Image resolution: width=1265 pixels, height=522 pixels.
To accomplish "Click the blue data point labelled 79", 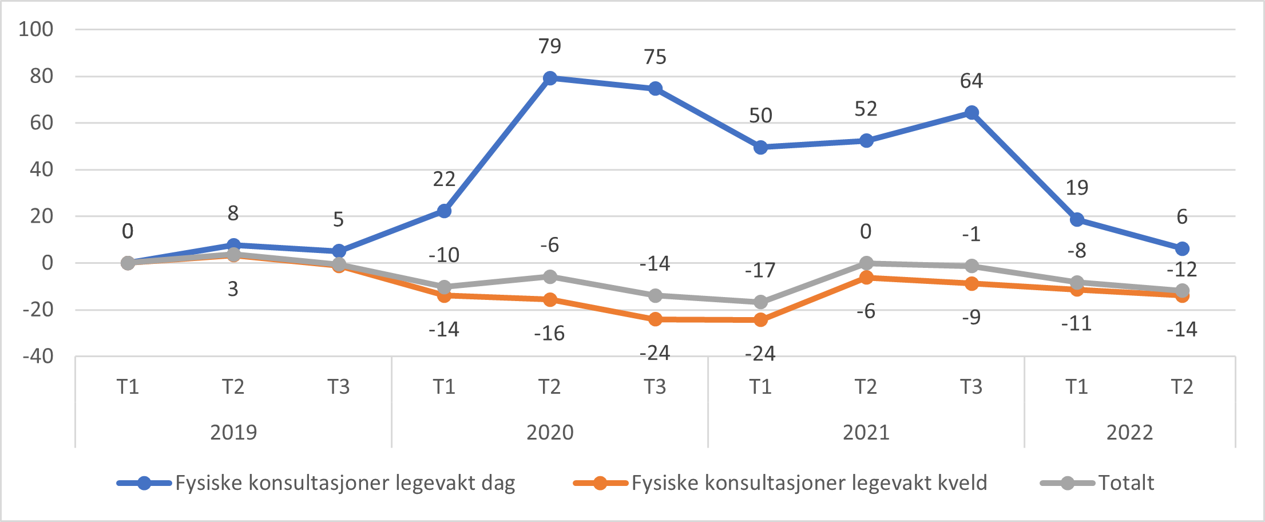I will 550,78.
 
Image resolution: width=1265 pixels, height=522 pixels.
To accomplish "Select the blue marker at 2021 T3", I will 971,113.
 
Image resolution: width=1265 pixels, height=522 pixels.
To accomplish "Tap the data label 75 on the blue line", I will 655,57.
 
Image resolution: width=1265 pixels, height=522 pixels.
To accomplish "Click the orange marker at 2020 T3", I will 655,319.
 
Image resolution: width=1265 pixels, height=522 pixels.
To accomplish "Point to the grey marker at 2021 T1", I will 760,302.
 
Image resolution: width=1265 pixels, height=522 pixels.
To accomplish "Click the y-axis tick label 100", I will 35,29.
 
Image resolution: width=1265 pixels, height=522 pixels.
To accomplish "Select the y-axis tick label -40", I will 38,357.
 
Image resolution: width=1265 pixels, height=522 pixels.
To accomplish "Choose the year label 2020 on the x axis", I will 550,432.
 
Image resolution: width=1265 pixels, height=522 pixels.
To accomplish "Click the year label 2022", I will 1129,432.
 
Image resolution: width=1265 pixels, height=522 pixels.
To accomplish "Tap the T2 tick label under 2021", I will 866,387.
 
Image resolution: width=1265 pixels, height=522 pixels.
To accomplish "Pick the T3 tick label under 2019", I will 339,387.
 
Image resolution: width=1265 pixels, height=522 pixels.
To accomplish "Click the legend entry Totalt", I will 1125,483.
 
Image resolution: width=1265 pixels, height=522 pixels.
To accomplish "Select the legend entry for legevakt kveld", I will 809,483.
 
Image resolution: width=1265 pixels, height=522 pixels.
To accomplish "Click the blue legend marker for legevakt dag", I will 144,484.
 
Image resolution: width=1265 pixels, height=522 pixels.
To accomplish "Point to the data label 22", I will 444,180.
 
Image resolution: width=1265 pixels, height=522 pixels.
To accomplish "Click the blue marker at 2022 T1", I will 1077,220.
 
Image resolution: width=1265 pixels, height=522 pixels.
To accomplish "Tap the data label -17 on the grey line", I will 760,270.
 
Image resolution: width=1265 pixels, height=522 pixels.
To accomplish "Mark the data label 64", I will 971,81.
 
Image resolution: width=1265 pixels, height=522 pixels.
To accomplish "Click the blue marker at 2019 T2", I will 233,245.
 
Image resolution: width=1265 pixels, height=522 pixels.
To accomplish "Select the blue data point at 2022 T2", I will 1182,249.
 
